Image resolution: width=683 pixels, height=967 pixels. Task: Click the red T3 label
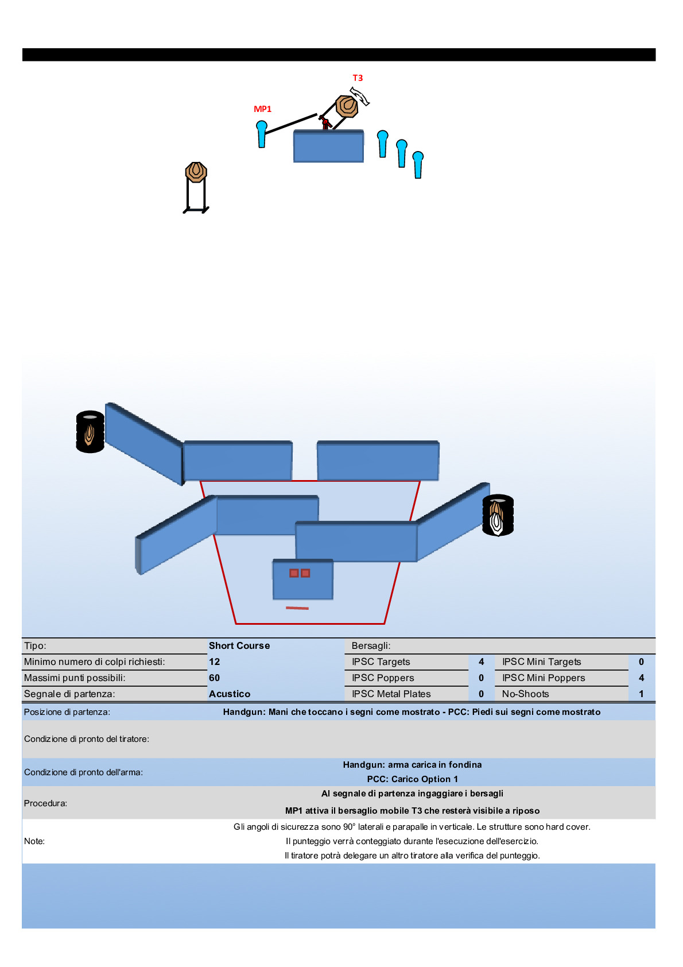point(358,78)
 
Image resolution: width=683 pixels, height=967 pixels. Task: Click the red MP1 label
point(262,109)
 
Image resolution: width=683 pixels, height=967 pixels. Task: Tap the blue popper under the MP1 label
point(262,134)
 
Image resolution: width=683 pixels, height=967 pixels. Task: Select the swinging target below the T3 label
point(347,106)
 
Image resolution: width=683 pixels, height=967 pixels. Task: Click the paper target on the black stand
point(196,172)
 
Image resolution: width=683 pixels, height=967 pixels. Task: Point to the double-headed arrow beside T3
point(359,96)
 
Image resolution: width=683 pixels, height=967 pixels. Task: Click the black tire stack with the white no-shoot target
point(498,515)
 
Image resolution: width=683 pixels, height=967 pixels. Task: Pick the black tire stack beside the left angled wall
point(90,431)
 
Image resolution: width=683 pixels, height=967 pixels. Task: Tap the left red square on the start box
point(294,573)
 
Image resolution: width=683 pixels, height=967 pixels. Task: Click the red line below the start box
point(297,608)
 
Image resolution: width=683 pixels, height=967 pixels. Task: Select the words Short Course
point(239,646)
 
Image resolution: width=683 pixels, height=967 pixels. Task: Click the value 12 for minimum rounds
point(215,662)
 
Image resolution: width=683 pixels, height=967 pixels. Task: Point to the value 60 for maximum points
point(215,678)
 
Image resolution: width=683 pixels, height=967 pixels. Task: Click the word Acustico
point(230,694)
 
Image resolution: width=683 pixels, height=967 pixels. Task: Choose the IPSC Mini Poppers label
point(544,678)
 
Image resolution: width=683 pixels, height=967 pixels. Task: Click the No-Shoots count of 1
point(642,694)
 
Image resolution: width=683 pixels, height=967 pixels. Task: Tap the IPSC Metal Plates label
point(391,694)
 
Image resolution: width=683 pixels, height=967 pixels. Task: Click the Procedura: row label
point(45,803)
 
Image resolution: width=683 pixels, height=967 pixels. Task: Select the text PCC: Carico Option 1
point(413,779)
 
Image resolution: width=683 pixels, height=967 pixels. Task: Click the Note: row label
point(34,841)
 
